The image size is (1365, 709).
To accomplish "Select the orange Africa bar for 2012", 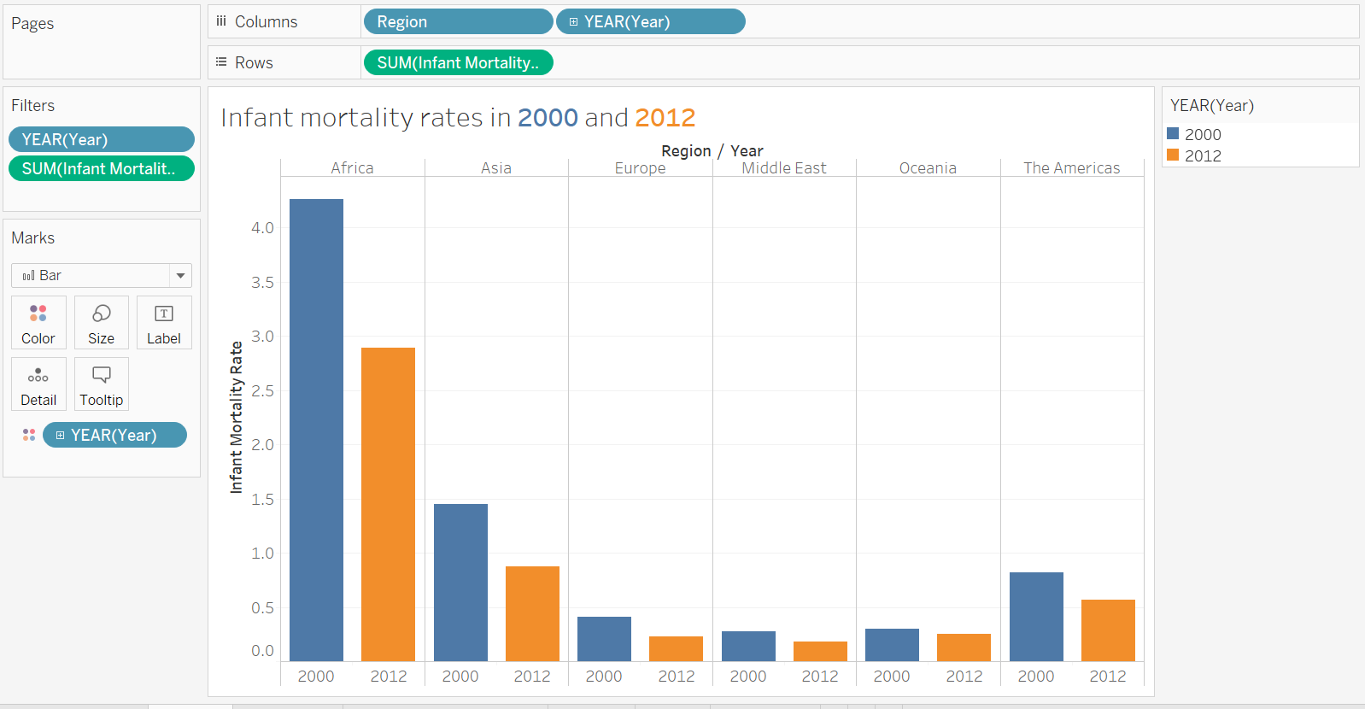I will pyautogui.click(x=388, y=504).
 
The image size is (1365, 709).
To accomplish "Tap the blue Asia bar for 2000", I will pyautogui.click(x=460, y=582).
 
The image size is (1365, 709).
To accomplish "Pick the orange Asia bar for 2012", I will pyautogui.click(x=532, y=613).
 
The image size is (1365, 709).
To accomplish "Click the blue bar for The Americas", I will pyautogui.click(x=1036, y=616).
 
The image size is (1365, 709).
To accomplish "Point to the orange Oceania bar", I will pyautogui.click(x=964, y=647).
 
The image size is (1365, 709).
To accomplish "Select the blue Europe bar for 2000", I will pyautogui.click(x=604, y=638).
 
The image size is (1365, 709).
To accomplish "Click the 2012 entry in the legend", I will pyautogui.click(x=1202, y=155).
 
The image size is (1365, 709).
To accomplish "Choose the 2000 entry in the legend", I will pyautogui.click(x=1202, y=134).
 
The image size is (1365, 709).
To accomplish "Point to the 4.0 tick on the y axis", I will pyautogui.click(x=262, y=228).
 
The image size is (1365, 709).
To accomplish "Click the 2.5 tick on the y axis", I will pyautogui.click(x=262, y=391).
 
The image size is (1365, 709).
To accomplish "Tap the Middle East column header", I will pyautogui.click(x=783, y=168).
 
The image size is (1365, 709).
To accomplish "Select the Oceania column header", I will pyautogui.click(x=928, y=168).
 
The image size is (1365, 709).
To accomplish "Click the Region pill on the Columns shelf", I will pyautogui.click(x=458, y=22).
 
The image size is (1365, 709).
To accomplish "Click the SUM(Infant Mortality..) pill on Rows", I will pyautogui.click(x=458, y=63).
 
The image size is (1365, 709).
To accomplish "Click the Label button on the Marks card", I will pyautogui.click(x=164, y=323).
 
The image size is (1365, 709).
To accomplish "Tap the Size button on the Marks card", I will pyautogui.click(x=101, y=323).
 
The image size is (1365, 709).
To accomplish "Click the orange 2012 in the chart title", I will pyautogui.click(x=665, y=117).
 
